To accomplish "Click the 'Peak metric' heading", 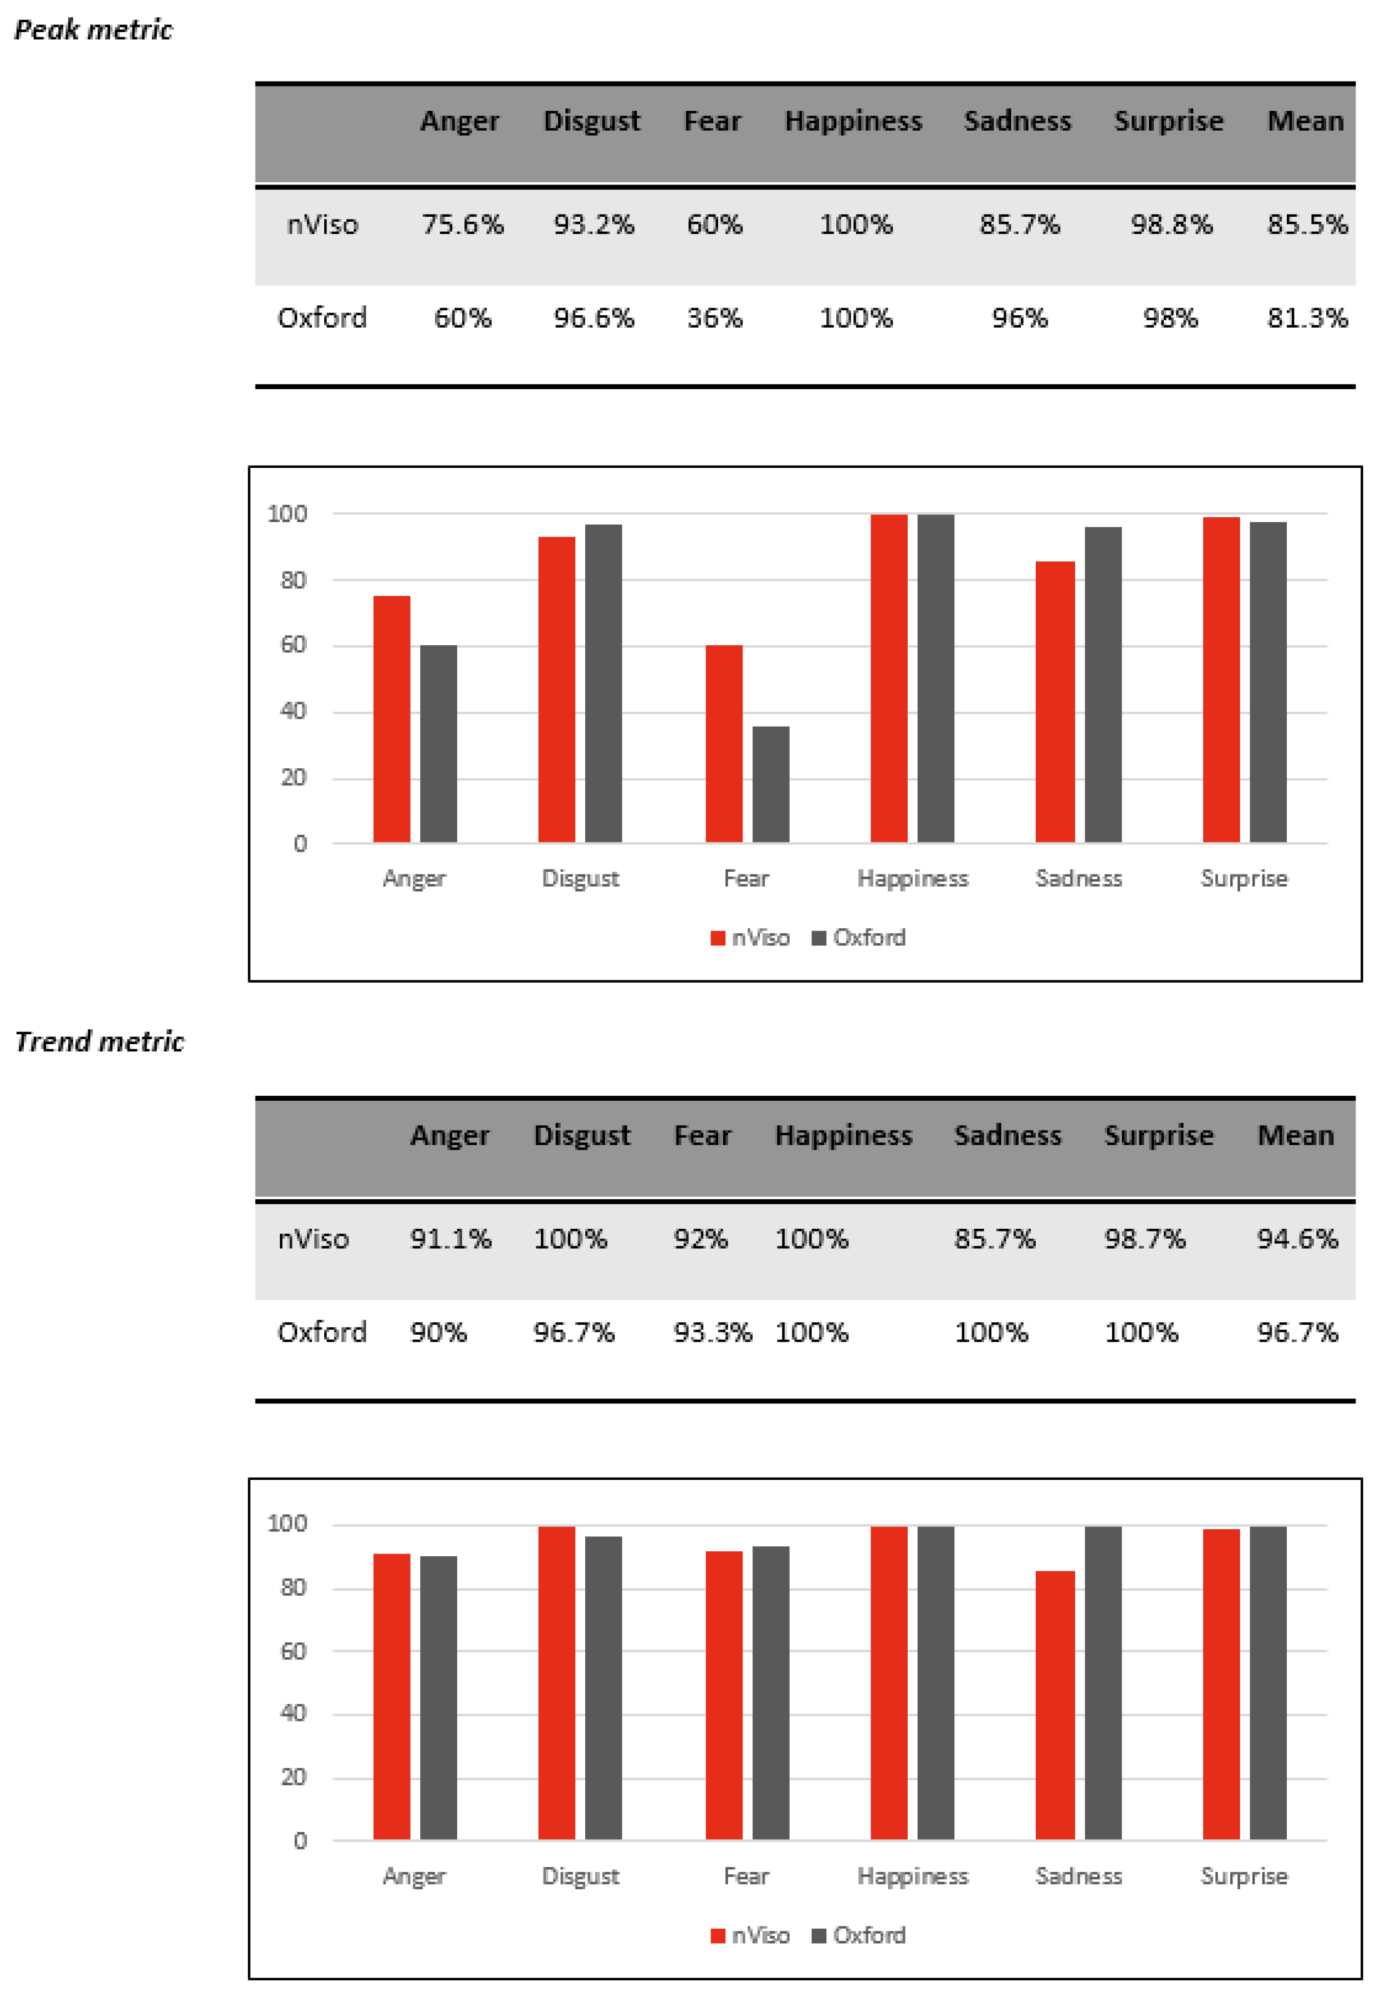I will (94, 30).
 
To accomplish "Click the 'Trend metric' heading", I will (100, 1042).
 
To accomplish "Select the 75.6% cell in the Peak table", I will (462, 225).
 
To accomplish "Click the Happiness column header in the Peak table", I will (853, 121).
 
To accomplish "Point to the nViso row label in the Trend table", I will (313, 1239).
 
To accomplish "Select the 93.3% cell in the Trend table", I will (712, 1332).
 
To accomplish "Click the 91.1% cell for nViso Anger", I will (450, 1239).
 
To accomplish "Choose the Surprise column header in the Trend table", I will (1159, 1135).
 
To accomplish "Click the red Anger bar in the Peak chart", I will (392, 718).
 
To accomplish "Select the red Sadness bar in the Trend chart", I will (1055, 1705).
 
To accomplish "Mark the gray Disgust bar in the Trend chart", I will (603, 1687).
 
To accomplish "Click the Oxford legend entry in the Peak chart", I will (859, 938).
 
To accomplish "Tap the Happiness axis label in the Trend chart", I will (913, 1876).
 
